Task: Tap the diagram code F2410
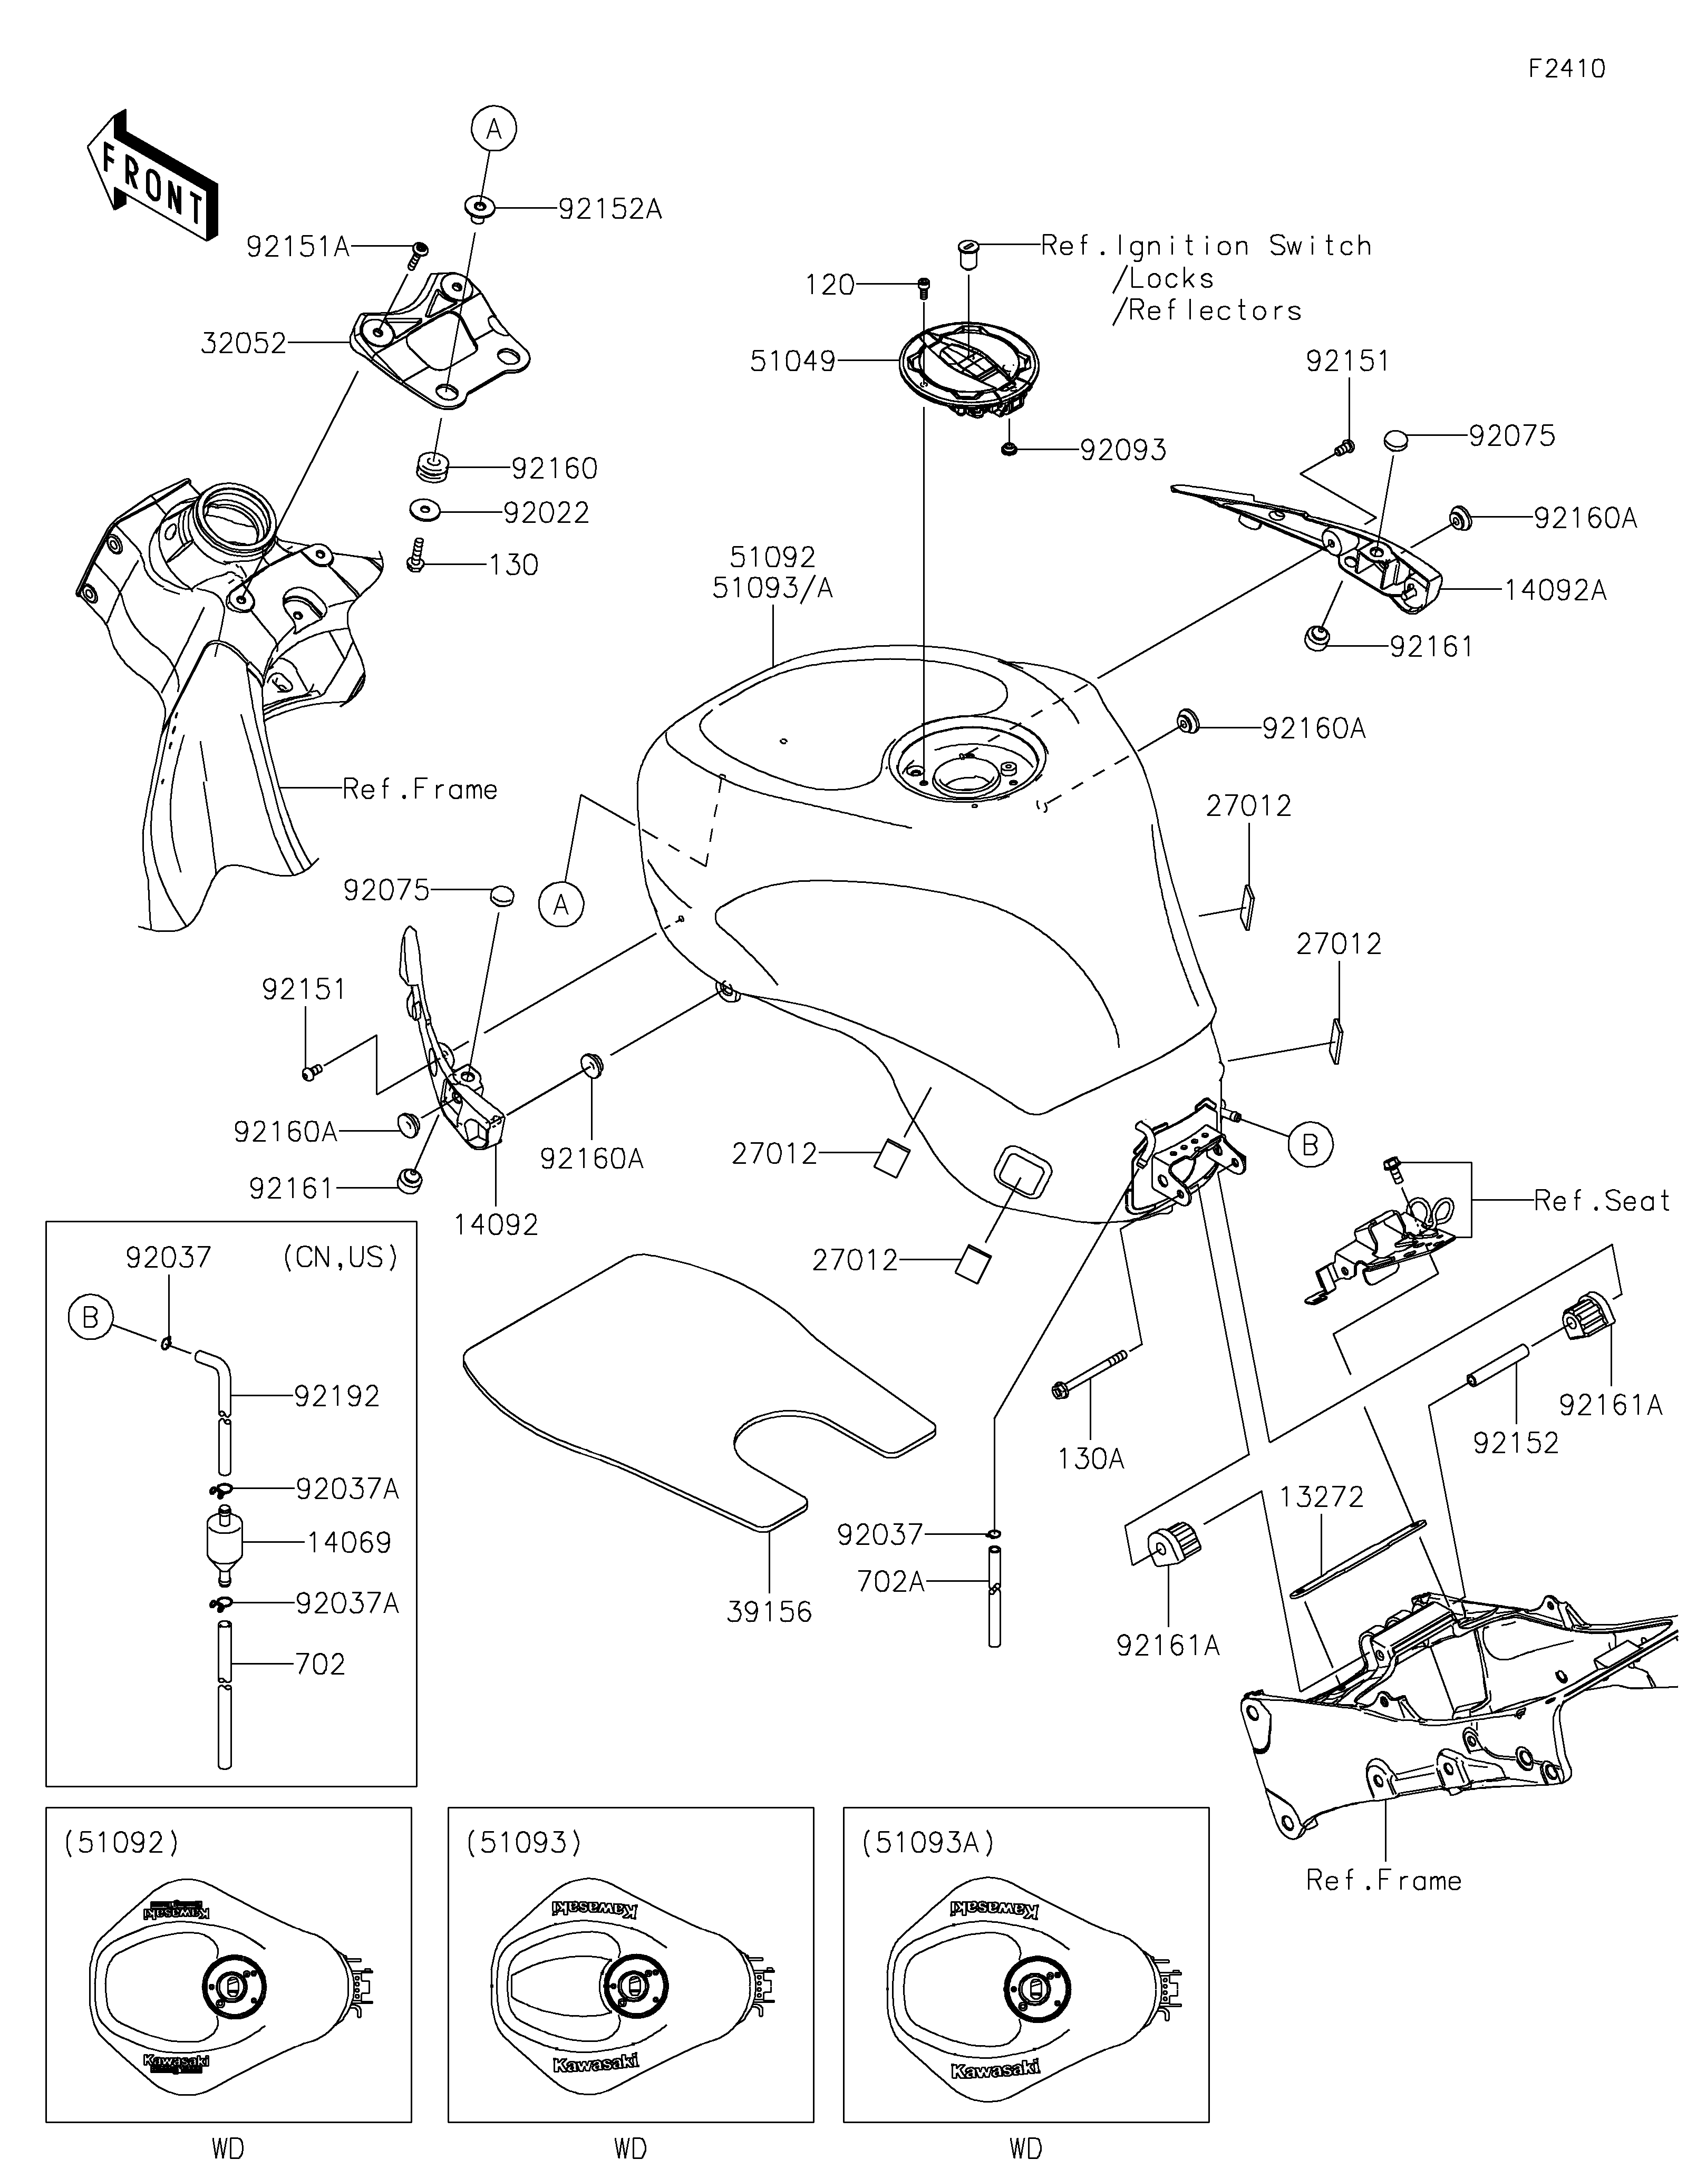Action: pos(1566,69)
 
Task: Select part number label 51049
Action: pos(793,361)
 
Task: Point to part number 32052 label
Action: pos(244,344)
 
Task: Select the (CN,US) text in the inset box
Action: pos(341,1257)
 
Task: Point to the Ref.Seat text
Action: pos(1601,1201)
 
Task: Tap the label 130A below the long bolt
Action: pos(1091,1458)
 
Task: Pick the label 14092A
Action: pos(1554,591)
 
